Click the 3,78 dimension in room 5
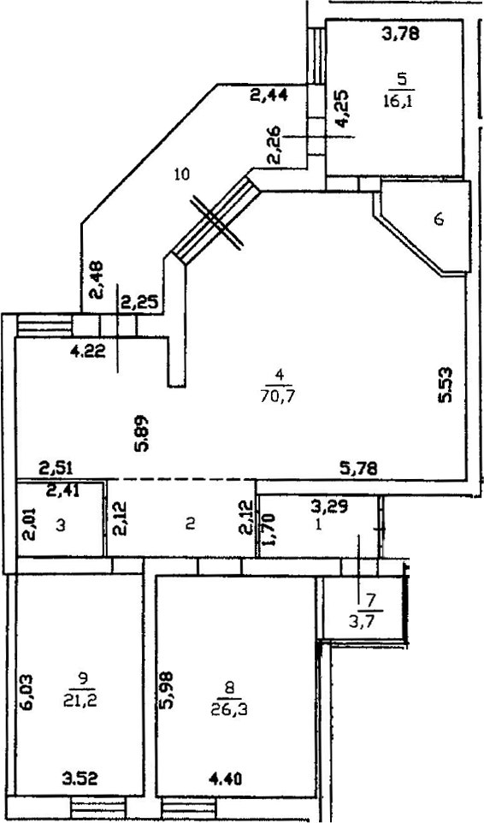[400, 36]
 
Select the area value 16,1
[398, 101]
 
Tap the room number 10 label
[182, 174]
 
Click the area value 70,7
[278, 396]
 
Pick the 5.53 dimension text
[446, 385]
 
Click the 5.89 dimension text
[142, 434]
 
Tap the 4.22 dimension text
[87, 351]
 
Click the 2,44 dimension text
[268, 96]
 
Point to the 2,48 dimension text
[97, 280]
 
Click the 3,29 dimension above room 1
[328, 506]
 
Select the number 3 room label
[61, 526]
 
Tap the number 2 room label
[191, 524]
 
